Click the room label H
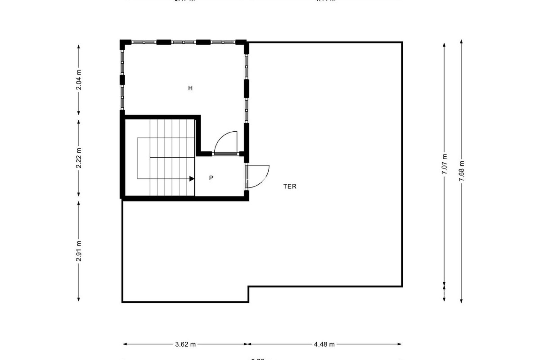pos(190,88)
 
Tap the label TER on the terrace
pos(290,186)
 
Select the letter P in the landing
pos(211,178)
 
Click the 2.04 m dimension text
pos(79,80)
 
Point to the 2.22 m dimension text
pos(79,158)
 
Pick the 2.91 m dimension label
pos(79,251)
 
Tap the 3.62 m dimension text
pos(185,344)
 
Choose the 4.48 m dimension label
pos(324,344)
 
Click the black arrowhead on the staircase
pos(192,179)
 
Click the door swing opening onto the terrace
pos(258,177)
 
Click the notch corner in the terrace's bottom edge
pos(248,287)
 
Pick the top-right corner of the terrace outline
pos(402,42)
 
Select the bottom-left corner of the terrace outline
pos(122,302)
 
